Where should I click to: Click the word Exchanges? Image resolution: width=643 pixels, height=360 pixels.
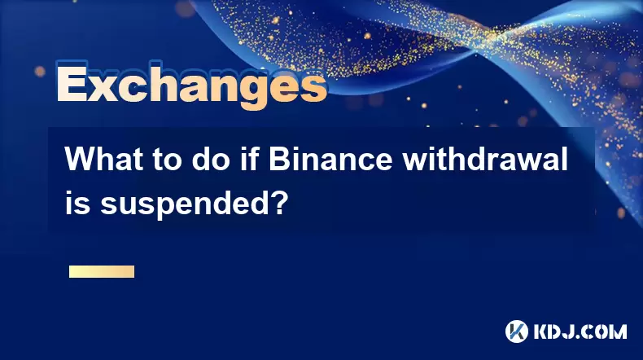[x=191, y=86]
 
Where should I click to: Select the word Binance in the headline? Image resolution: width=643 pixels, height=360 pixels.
[x=330, y=160]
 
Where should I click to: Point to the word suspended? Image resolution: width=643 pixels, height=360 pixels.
[x=182, y=204]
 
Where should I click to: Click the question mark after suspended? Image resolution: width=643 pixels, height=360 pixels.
[x=276, y=202]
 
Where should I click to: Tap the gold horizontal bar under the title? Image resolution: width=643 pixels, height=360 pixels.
[x=102, y=272]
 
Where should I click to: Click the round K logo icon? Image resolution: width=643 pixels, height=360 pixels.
[x=517, y=331]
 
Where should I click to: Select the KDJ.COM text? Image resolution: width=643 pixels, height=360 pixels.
[x=580, y=331]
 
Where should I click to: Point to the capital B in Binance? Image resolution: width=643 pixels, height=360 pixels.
[x=279, y=160]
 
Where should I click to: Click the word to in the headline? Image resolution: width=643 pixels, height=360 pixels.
[x=168, y=160]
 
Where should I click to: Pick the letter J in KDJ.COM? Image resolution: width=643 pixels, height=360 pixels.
[x=572, y=331]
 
